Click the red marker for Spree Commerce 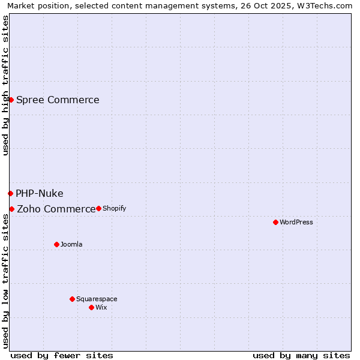point(11,100)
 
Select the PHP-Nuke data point point(10,193)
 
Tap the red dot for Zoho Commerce point(11,209)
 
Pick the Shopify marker point(98,208)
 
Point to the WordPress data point point(275,222)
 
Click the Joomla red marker point(56,244)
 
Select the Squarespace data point point(72,299)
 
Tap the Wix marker point(91,307)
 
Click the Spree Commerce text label point(58,100)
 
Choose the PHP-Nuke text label point(40,193)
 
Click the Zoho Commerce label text point(56,209)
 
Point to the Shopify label point(114,208)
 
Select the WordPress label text point(296,222)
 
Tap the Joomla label point(71,244)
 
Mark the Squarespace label point(97,299)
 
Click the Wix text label point(101,307)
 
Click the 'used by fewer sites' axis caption point(62,355)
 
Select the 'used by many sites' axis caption point(301,355)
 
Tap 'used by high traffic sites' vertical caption point(5,85)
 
